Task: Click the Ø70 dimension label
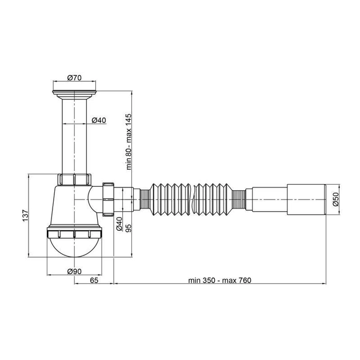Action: tap(74, 78)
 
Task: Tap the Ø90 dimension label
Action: tap(74, 271)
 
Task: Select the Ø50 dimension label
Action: tap(335, 199)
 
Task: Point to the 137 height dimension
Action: tap(25, 216)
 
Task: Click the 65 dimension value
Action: tap(94, 281)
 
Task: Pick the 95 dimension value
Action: tap(129, 228)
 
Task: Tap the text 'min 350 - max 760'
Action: tap(220, 281)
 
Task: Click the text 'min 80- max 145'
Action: tap(129, 142)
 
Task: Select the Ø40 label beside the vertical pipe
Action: tap(99, 120)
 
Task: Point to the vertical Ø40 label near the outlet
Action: tap(119, 223)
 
